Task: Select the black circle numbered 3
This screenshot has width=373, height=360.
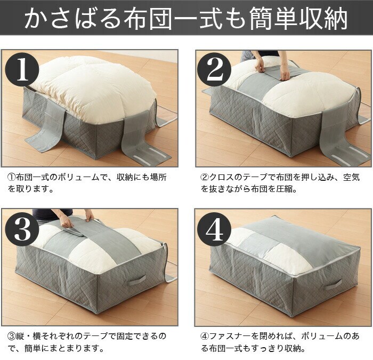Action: (22, 229)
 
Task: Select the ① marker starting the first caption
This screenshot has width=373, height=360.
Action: (12, 178)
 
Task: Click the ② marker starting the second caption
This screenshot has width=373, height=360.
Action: (205, 178)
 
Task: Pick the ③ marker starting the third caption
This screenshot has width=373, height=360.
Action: (12, 337)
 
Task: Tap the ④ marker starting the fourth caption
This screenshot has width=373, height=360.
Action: (205, 337)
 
